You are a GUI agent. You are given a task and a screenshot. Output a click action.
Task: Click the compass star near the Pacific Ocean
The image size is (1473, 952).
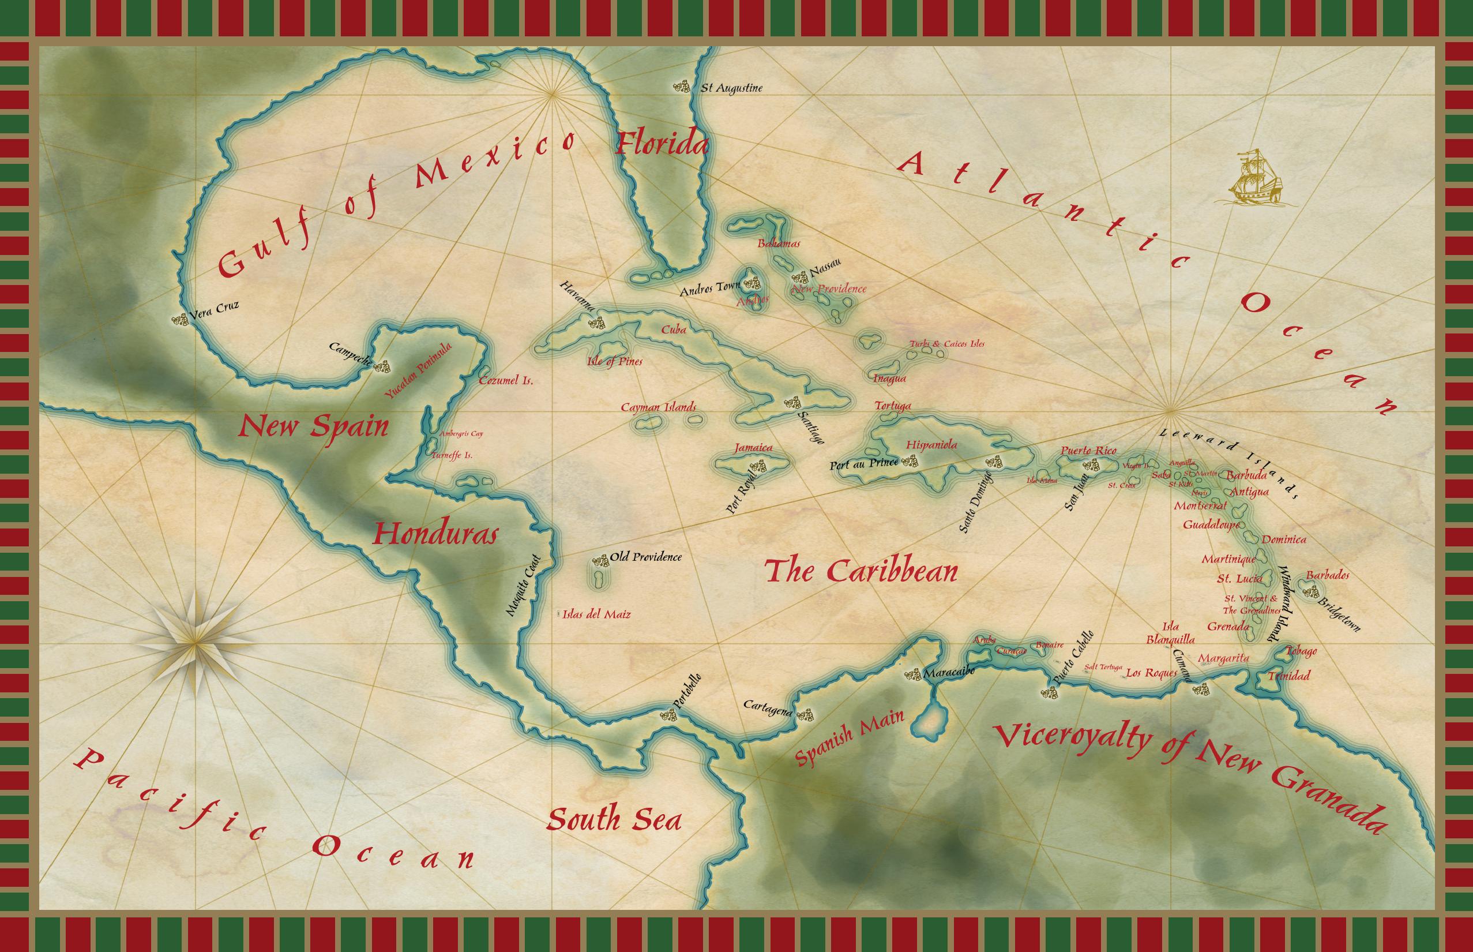pyautogui.click(x=196, y=643)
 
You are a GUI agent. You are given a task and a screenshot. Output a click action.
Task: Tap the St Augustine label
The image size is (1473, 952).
pyautogui.click(x=731, y=88)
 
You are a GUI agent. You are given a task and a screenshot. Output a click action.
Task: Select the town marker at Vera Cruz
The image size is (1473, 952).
pyautogui.click(x=180, y=320)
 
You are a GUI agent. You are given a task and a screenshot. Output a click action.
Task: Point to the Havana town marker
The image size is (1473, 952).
pyautogui.click(x=597, y=322)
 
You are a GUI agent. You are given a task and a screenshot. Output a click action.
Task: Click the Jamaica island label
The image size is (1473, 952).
pyautogui.click(x=753, y=448)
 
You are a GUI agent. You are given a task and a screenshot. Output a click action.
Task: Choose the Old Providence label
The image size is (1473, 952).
pyautogui.click(x=646, y=557)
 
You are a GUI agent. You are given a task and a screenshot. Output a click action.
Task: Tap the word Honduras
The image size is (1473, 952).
pyautogui.click(x=435, y=534)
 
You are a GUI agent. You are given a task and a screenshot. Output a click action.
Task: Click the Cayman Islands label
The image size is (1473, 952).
pyautogui.click(x=659, y=407)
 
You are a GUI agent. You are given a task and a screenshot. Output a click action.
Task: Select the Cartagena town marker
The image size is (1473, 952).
pyautogui.click(x=805, y=715)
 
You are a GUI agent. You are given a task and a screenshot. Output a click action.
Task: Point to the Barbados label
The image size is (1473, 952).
pyautogui.click(x=1328, y=575)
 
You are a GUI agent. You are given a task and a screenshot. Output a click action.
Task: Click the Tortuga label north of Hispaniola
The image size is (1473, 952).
pyautogui.click(x=893, y=406)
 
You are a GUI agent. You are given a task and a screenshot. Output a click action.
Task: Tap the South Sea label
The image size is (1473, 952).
pyautogui.click(x=614, y=820)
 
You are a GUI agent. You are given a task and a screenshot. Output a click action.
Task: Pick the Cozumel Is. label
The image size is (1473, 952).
pyautogui.click(x=506, y=381)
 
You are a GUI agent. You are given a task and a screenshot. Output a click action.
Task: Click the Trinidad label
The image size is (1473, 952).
pyautogui.click(x=1288, y=676)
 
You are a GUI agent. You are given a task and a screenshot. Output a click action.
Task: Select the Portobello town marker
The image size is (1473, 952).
pyautogui.click(x=668, y=715)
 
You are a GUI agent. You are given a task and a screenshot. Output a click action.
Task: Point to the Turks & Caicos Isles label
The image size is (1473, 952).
pyautogui.click(x=946, y=344)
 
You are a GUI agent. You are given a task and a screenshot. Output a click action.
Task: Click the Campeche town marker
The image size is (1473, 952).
pyautogui.click(x=382, y=366)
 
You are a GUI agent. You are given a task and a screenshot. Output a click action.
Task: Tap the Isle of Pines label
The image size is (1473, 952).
pyautogui.click(x=614, y=362)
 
